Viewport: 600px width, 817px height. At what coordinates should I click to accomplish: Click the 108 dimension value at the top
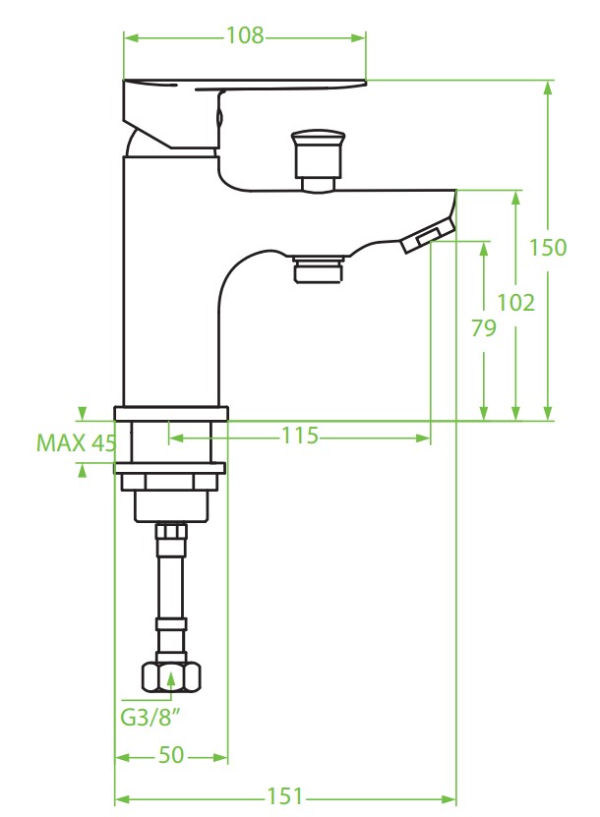(x=245, y=35)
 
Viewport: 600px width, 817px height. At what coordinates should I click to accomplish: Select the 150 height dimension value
(x=547, y=248)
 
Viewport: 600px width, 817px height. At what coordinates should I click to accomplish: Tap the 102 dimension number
(x=515, y=302)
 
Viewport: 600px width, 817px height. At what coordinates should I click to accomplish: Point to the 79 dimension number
(x=484, y=328)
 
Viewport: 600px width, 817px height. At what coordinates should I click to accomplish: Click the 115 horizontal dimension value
(x=300, y=436)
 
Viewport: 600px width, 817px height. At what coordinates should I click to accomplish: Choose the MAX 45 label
(x=76, y=442)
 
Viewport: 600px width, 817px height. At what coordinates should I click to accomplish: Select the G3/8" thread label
(x=150, y=718)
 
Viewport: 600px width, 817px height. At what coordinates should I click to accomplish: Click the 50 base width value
(x=171, y=755)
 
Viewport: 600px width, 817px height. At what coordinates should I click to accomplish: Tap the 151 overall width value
(x=284, y=796)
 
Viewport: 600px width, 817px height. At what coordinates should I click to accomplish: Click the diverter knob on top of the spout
(x=318, y=160)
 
